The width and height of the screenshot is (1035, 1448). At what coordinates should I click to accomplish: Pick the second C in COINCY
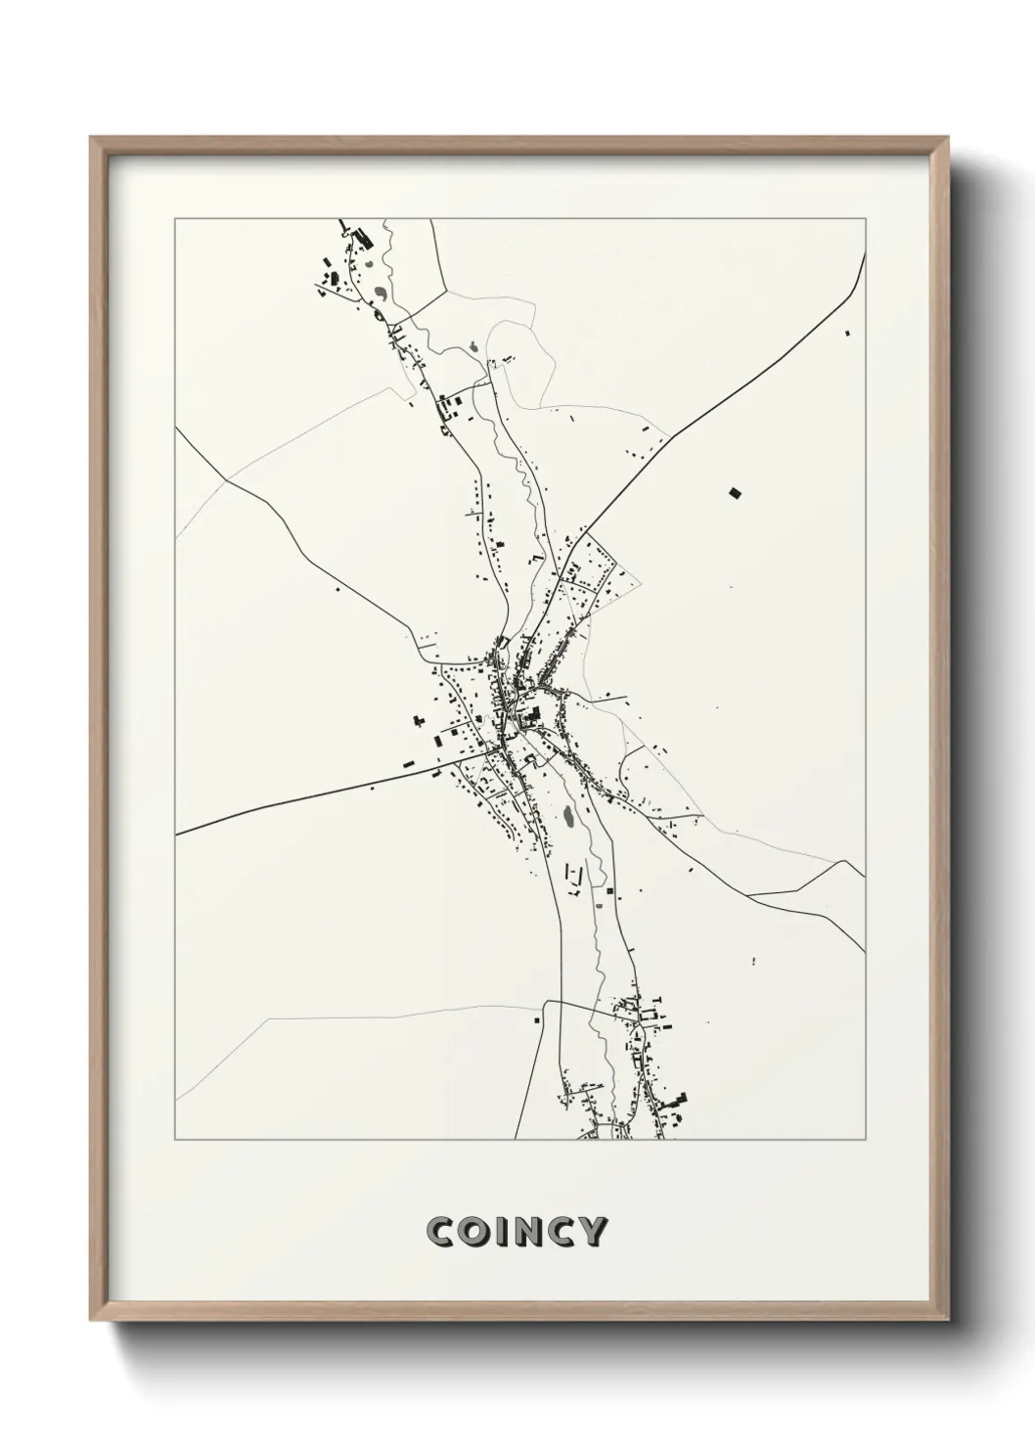[x=561, y=1232]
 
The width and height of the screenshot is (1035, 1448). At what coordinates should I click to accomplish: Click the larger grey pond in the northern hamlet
[x=379, y=292]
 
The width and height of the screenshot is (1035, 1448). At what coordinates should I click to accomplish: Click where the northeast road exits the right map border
[x=865, y=254]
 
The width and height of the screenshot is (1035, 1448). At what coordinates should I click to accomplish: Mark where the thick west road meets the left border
[x=176, y=835]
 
